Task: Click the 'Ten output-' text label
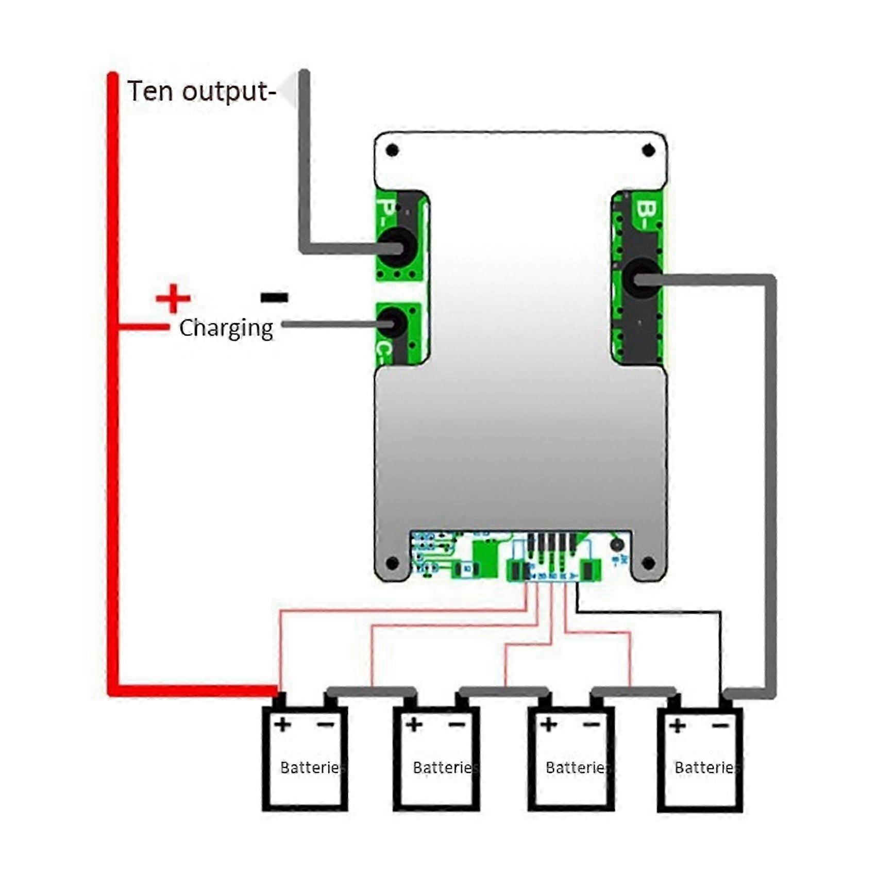pyautogui.click(x=201, y=92)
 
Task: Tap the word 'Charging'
pyautogui.click(x=226, y=328)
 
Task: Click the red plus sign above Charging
pyautogui.click(x=173, y=298)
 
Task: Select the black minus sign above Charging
pyautogui.click(x=274, y=297)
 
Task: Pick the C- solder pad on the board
pyautogui.click(x=392, y=324)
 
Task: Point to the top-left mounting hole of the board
pyautogui.click(x=392, y=150)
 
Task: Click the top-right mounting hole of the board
pyautogui.click(x=648, y=150)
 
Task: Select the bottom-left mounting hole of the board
pyautogui.click(x=392, y=563)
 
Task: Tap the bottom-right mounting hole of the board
pyautogui.click(x=648, y=563)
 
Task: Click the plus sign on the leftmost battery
pyautogui.click(x=282, y=725)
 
